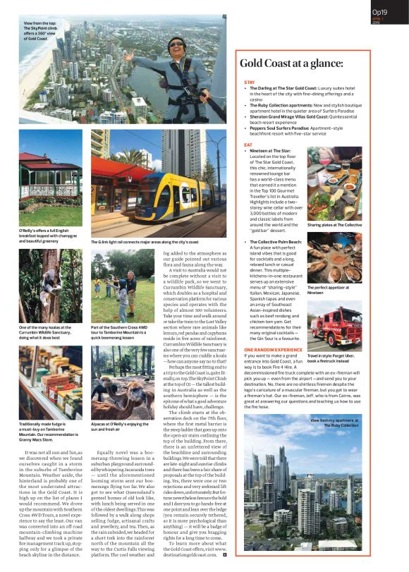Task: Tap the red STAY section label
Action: click(x=249, y=83)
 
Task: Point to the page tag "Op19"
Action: click(x=379, y=12)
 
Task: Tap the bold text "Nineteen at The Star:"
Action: click(x=270, y=151)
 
